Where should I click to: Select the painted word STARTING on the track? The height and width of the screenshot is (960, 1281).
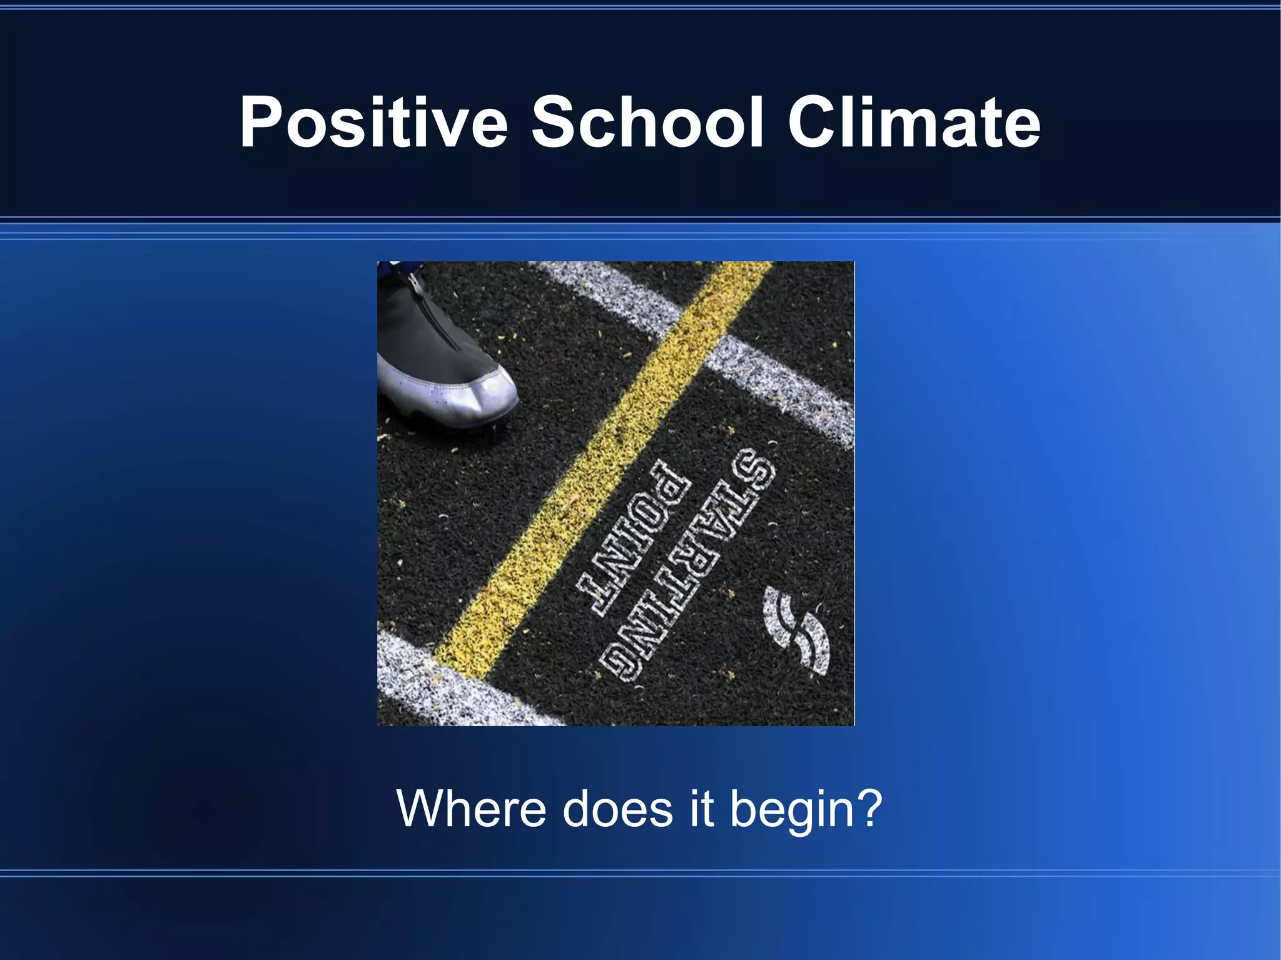pos(688,566)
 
